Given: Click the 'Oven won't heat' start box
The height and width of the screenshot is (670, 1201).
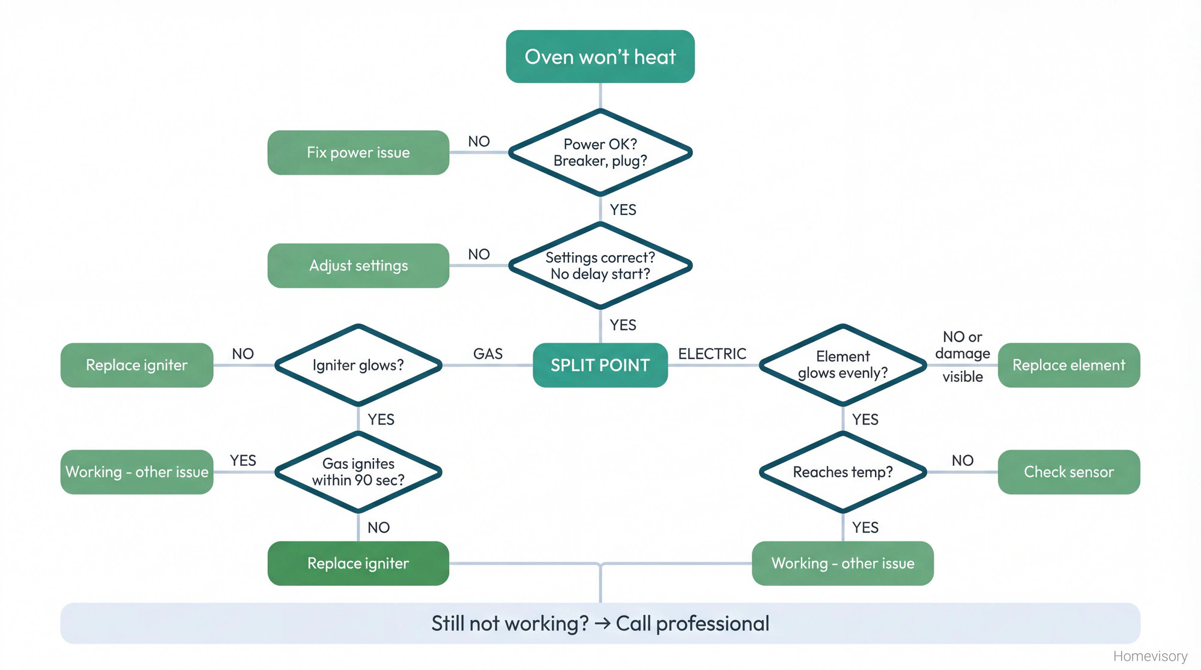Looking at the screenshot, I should pos(600,56).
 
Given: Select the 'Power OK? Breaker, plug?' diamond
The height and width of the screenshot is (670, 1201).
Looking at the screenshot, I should pos(600,152).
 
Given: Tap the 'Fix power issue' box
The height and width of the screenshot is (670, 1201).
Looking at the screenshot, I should pos(358,152).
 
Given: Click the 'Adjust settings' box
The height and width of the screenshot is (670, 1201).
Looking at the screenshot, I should pos(358,265).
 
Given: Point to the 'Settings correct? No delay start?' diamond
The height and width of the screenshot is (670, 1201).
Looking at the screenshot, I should pos(600,265).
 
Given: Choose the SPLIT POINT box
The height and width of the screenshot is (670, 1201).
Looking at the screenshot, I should pos(600,365).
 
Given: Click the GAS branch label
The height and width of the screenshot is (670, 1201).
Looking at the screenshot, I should pos(488,354).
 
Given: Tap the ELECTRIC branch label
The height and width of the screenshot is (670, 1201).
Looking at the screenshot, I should pos(712,354).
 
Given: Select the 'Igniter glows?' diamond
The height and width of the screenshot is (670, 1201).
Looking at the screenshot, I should pos(358,365).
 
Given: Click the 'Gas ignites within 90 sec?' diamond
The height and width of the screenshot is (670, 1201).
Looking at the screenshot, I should pos(358,472).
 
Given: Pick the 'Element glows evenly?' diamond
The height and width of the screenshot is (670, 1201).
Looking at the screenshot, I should pos(843,365).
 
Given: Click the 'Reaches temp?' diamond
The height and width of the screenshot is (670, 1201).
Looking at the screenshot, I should pos(843,472).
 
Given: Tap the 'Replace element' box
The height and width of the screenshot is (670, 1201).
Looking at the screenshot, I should pos(1068,365).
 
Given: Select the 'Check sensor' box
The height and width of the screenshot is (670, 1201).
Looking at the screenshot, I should pos(1068,472).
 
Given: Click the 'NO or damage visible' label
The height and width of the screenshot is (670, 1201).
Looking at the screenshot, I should pos(962,355).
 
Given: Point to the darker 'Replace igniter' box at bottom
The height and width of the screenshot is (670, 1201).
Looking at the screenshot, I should pos(358,563).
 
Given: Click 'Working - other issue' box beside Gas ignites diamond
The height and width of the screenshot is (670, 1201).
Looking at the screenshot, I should pos(137,472).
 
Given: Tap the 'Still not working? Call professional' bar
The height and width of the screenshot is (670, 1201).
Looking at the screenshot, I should pos(600,623).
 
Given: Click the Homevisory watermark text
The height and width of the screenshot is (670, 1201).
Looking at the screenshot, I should pos(1150,656).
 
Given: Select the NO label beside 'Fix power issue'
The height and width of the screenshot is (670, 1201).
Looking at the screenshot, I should pos(479,141).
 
